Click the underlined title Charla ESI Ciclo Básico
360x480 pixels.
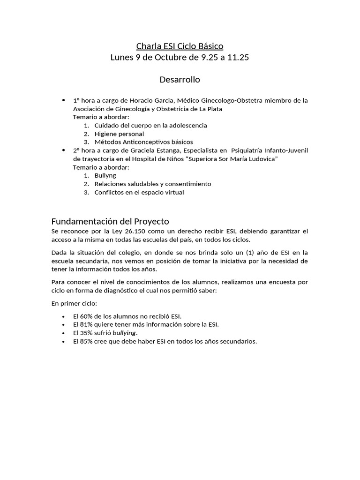(180, 46)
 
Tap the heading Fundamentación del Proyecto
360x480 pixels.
(110, 221)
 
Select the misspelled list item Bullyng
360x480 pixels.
(105, 175)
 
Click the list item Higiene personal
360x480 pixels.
(119, 134)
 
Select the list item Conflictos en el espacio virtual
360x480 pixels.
(139, 192)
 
